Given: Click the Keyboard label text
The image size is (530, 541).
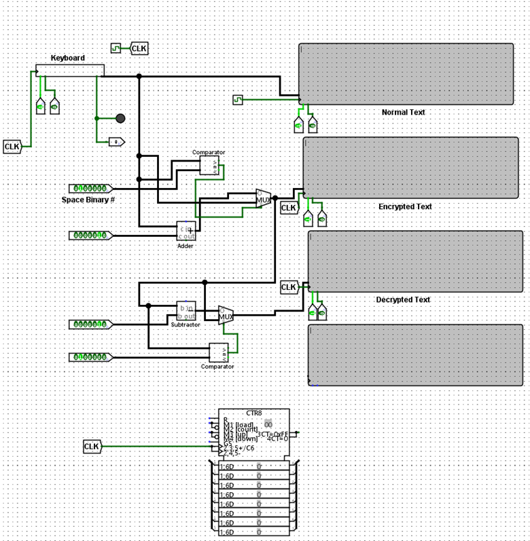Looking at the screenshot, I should pyautogui.click(x=68, y=58).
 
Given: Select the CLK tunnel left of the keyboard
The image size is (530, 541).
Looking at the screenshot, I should pyautogui.click(x=13, y=146).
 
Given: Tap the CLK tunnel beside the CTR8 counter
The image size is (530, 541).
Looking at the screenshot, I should pyautogui.click(x=92, y=447).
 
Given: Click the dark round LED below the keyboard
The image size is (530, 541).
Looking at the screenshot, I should pyautogui.click(x=120, y=118).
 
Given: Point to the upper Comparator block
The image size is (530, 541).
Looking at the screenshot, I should pyautogui.click(x=209, y=166).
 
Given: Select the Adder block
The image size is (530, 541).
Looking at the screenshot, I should pyautogui.click(x=186, y=231).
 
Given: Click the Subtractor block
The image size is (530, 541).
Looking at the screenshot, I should pyautogui.click(x=186, y=311).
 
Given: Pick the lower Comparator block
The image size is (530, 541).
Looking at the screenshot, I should pyautogui.click(x=218, y=353).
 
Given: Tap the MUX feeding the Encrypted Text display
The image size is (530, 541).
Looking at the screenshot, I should pyautogui.click(x=264, y=198).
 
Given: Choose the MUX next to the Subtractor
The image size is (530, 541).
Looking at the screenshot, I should pyautogui.click(x=226, y=315).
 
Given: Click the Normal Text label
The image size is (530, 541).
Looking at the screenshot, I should pyautogui.click(x=403, y=113).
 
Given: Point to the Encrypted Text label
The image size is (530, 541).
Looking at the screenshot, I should pyautogui.click(x=405, y=207).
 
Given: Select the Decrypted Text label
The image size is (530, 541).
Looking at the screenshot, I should pyautogui.click(x=403, y=300).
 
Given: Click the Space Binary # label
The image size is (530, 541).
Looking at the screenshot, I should pyautogui.click(x=88, y=200).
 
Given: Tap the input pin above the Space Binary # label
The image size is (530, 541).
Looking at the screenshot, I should pyautogui.click(x=90, y=188).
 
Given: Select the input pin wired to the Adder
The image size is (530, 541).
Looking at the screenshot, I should pyautogui.click(x=90, y=236).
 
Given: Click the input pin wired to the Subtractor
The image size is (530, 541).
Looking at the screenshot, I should pyautogui.click(x=90, y=324).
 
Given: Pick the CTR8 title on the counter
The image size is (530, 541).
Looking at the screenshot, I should pyautogui.click(x=253, y=413).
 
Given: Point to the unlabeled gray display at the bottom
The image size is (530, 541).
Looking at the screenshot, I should pyautogui.click(x=415, y=354).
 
